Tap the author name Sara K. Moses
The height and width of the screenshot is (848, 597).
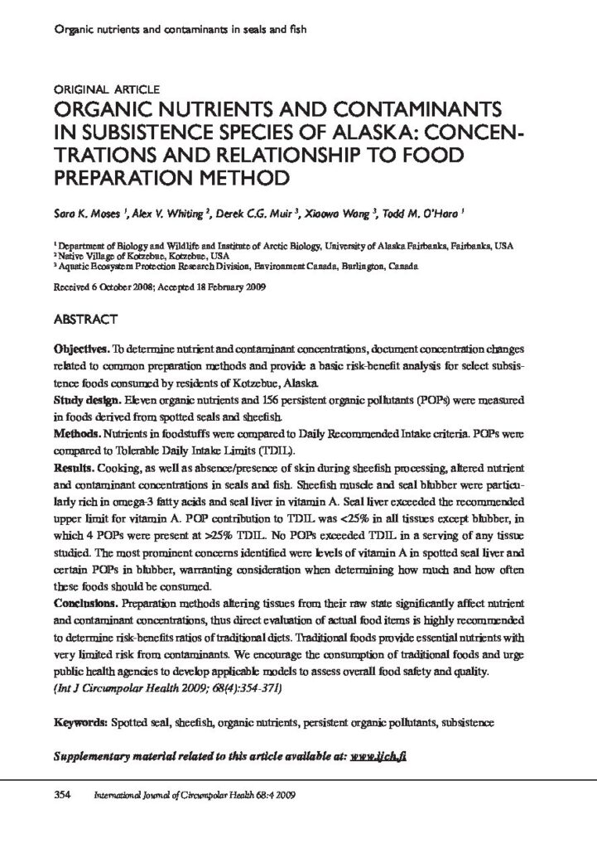point(84,213)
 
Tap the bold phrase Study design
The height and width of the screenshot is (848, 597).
point(85,400)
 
